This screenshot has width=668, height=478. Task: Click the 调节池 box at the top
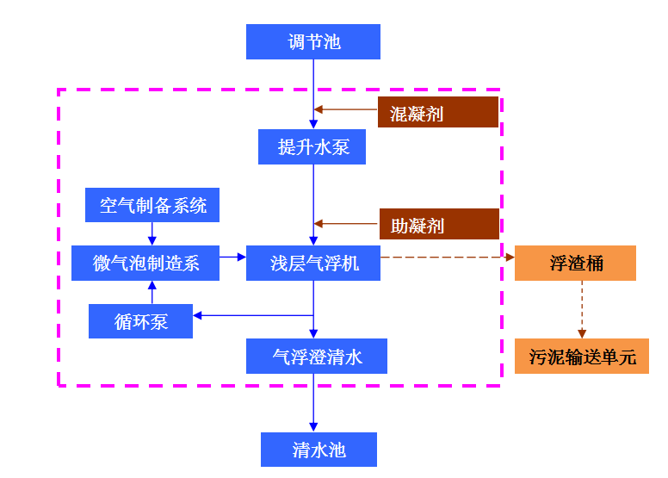pos(313,42)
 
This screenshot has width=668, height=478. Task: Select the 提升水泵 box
pos(313,146)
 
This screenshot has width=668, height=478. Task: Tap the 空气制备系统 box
pos(152,206)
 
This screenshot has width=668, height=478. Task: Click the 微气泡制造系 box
pos(145,263)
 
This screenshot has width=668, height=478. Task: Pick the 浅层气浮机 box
pos(313,263)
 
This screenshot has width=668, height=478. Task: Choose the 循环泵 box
pos(140,321)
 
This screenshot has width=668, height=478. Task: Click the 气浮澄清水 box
pos(316,356)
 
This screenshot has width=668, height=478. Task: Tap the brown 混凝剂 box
pos(438,112)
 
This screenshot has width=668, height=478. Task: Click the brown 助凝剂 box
pos(439,224)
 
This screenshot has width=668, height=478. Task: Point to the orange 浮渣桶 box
pos(575,263)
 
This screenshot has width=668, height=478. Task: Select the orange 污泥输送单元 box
pos(581,356)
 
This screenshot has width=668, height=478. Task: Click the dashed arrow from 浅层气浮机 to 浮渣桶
pos(447,257)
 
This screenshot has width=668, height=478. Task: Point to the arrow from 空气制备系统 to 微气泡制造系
pos(152,233)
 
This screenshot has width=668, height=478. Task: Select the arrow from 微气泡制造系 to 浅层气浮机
pos(232,257)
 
